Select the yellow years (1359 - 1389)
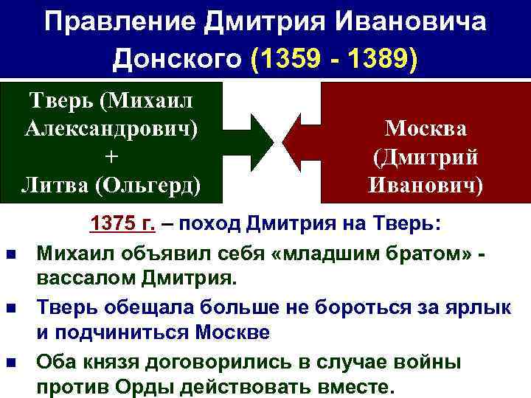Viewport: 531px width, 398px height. [x=335, y=60]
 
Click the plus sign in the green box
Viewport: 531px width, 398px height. [x=111, y=156]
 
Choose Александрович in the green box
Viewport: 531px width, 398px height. [x=111, y=128]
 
